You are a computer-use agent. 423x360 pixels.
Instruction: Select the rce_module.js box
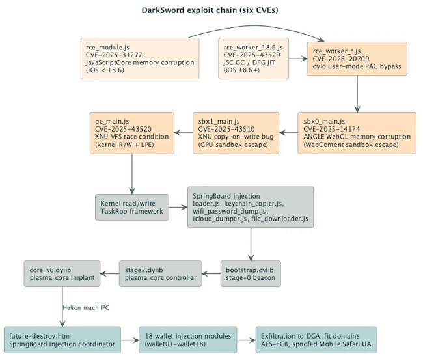pyautogui.click(x=140, y=59)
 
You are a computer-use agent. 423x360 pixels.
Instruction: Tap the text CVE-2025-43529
pyautogui.click(x=252, y=55)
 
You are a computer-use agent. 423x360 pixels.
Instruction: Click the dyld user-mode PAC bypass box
pyautogui.click(x=357, y=59)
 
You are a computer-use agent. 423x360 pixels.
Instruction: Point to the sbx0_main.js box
pyautogui.click(x=357, y=133)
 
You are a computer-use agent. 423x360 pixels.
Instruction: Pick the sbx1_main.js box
pyautogui.click(x=236, y=133)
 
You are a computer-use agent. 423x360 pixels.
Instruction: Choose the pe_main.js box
pyautogui.click(x=132, y=133)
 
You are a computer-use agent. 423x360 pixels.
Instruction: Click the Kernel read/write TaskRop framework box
pyautogui.click(x=132, y=207)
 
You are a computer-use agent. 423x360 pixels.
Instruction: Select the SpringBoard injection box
pyautogui.click(x=251, y=207)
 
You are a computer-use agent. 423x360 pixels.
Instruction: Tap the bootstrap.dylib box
pyautogui.click(x=251, y=273)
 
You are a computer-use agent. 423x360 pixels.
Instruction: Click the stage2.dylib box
pyautogui.click(x=160, y=273)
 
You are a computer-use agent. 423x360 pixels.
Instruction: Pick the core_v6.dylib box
pyautogui.click(x=62, y=273)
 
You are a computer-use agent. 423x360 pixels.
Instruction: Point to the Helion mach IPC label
pyautogui.click(x=86, y=308)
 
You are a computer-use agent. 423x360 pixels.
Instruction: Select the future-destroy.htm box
pyautogui.click(x=62, y=340)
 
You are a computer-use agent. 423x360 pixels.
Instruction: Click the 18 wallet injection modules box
pyautogui.click(x=188, y=340)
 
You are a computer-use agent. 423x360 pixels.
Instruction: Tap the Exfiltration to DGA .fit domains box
pyautogui.click(x=316, y=340)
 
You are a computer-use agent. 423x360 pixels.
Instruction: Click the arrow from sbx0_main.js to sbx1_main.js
pyautogui.click(x=288, y=133)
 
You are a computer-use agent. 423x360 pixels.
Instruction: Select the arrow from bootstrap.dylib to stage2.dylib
pyautogui.click(x=211, y=273)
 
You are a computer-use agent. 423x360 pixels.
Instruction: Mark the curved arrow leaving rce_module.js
pyautogui.click(x=256, y=26)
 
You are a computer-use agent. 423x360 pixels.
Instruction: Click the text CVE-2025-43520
pyautogui.click(x=123, y=129)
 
